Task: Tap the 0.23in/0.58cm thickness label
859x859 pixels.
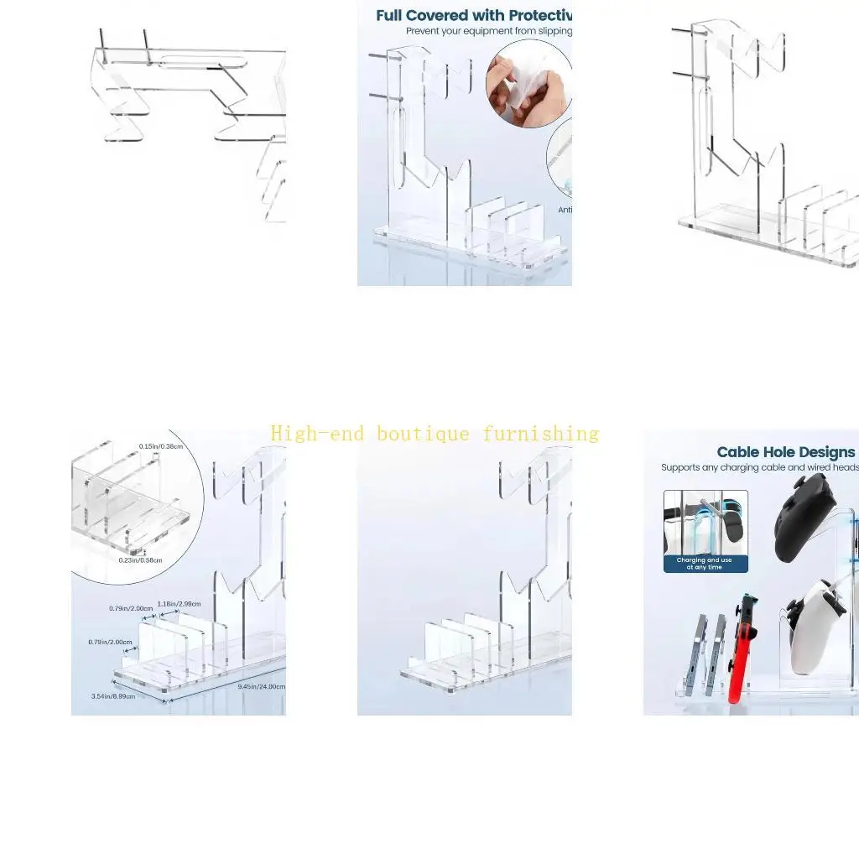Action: pyautogui.click(x=140, y=560)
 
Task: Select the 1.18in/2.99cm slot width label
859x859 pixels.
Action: pyautogui.click(x=179, y=604)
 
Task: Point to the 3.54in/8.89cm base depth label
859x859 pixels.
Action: pyautogui.click(x=112, y=695)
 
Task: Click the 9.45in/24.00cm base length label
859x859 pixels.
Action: pyautogui.click(x=261, y=686)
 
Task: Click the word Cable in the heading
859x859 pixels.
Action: pyautogui.click(x=739, y=452)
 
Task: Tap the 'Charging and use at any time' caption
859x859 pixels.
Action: pyautogui.click(x=705, y=564)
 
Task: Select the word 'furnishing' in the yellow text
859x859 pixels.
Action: pyautogui.click(x=540, y=434)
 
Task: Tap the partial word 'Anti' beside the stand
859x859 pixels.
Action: pyautogui.click(x=565, y=210)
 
